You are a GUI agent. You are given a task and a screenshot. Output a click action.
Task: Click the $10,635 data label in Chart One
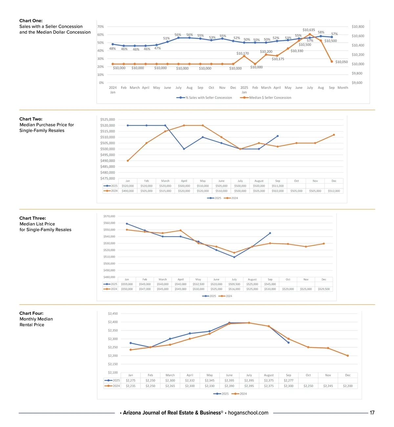tap(309, 30)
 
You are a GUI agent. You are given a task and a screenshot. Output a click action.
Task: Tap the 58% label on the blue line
tap(321, 32)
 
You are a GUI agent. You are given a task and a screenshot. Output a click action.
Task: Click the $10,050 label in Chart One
tap(341, 62)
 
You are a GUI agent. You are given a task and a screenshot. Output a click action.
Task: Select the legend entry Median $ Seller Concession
tap(270, 98)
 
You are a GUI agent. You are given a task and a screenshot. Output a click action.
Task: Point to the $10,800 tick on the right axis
tap(358, 27)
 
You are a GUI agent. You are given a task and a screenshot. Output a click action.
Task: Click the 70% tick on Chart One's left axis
tap(101, 27)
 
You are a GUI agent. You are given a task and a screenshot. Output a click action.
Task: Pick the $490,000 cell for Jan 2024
tap(128, 191)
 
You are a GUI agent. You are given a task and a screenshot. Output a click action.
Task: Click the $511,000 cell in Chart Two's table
tap(277, 186)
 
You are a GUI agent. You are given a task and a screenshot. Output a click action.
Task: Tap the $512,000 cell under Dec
tap(334, 191)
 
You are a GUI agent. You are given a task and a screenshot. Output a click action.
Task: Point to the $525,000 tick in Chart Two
tap(107, 120)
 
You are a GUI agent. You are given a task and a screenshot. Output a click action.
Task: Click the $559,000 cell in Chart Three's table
tap(127, 284)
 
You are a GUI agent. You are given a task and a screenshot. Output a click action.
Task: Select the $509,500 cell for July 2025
tap(234, 284)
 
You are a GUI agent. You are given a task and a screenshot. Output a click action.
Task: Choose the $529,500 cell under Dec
tap(324, 289)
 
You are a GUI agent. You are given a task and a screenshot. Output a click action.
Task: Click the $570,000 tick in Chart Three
tap(109, 216)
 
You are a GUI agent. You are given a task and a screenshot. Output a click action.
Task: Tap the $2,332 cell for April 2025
tap(190, 381)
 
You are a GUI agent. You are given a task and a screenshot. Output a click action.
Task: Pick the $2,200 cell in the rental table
tap(348, 386)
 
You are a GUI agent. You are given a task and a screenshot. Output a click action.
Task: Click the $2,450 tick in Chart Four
tap(113, 314)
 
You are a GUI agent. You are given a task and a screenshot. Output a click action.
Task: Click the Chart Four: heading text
tap(31, 313)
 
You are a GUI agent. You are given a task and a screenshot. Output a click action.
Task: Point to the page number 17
tap(372, 413)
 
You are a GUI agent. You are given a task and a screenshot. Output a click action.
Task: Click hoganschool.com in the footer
tap(248, 413)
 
